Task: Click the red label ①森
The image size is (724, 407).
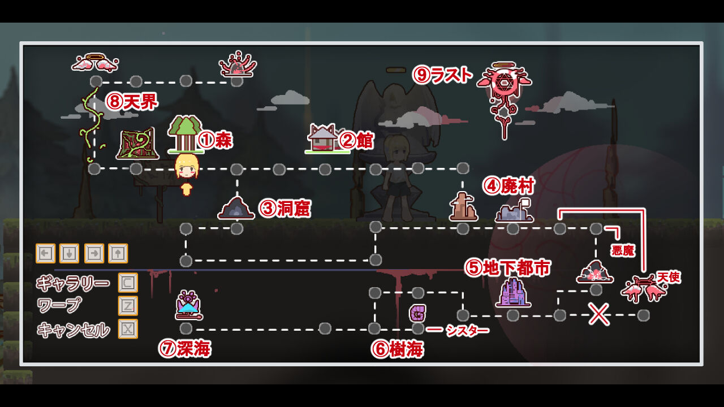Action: pyautogui.click(x=215, y=140)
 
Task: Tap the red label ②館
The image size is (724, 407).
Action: pyautogui.click(x=356, y=140)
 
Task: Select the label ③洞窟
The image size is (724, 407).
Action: pyautogui.click(x=285, y=208)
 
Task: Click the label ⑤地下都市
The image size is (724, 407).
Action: pyautogui.click(x=507, y=269)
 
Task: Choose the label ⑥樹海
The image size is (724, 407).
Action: pyautogui.click(x=397, y=350)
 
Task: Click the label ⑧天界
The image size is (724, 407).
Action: pyautogui.click(x=131, y=102)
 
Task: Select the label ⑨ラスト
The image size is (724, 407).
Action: pyautogui.click(x=442, y=75)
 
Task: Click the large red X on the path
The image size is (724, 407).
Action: pyautogui.click(x=598, y=314)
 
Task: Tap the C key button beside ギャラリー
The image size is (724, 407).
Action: pyautogui.click(x=128, y=282)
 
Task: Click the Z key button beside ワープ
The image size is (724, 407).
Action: pyautogui.click(x=128, y=306)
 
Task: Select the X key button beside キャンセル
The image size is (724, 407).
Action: pyautogui.click(x=128, y=328)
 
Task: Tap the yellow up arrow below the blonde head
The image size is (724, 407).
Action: pyautogui.click(x=186, y=188)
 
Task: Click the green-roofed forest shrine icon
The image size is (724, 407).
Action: pyautogui.click(x=185, y=134)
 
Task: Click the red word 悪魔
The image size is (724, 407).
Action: pyautogui.click(x=623, y=250)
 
